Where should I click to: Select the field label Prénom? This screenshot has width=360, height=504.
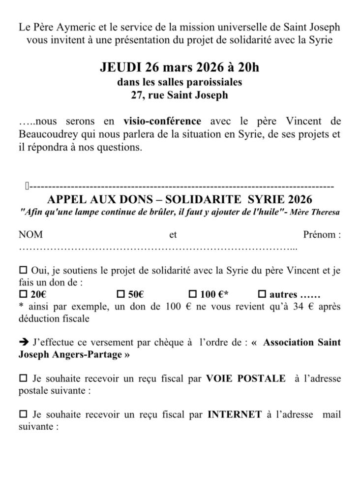pyautogui.click(x=322, y=235)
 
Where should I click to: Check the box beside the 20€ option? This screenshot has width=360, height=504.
pyautogui.click(x=23, y=295)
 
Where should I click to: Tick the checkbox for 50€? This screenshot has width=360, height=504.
pyautogui.click(x=120, y=295)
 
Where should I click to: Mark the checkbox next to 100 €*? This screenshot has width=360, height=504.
pyautogui.click(x=193, y=295)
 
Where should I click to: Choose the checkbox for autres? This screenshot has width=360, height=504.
pyautogui.click(x=262, y=295)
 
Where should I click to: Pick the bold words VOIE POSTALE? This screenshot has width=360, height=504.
pyautogui.click(x=245, y=378)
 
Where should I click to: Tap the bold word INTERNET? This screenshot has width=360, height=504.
pyautogui.click(x=235, y=414)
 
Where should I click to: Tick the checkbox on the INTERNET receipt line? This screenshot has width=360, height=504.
pyautogui.click(x=23, y=414)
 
